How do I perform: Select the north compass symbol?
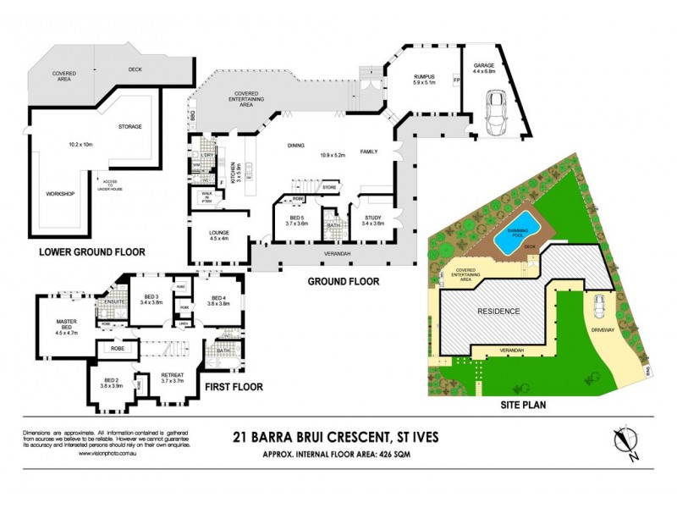625,441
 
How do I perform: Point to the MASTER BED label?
67,325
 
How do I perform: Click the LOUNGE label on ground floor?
219,232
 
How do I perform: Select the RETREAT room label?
173,378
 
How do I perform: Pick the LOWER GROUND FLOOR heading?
93,251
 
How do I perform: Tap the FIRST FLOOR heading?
233,387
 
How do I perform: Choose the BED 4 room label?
219,298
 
